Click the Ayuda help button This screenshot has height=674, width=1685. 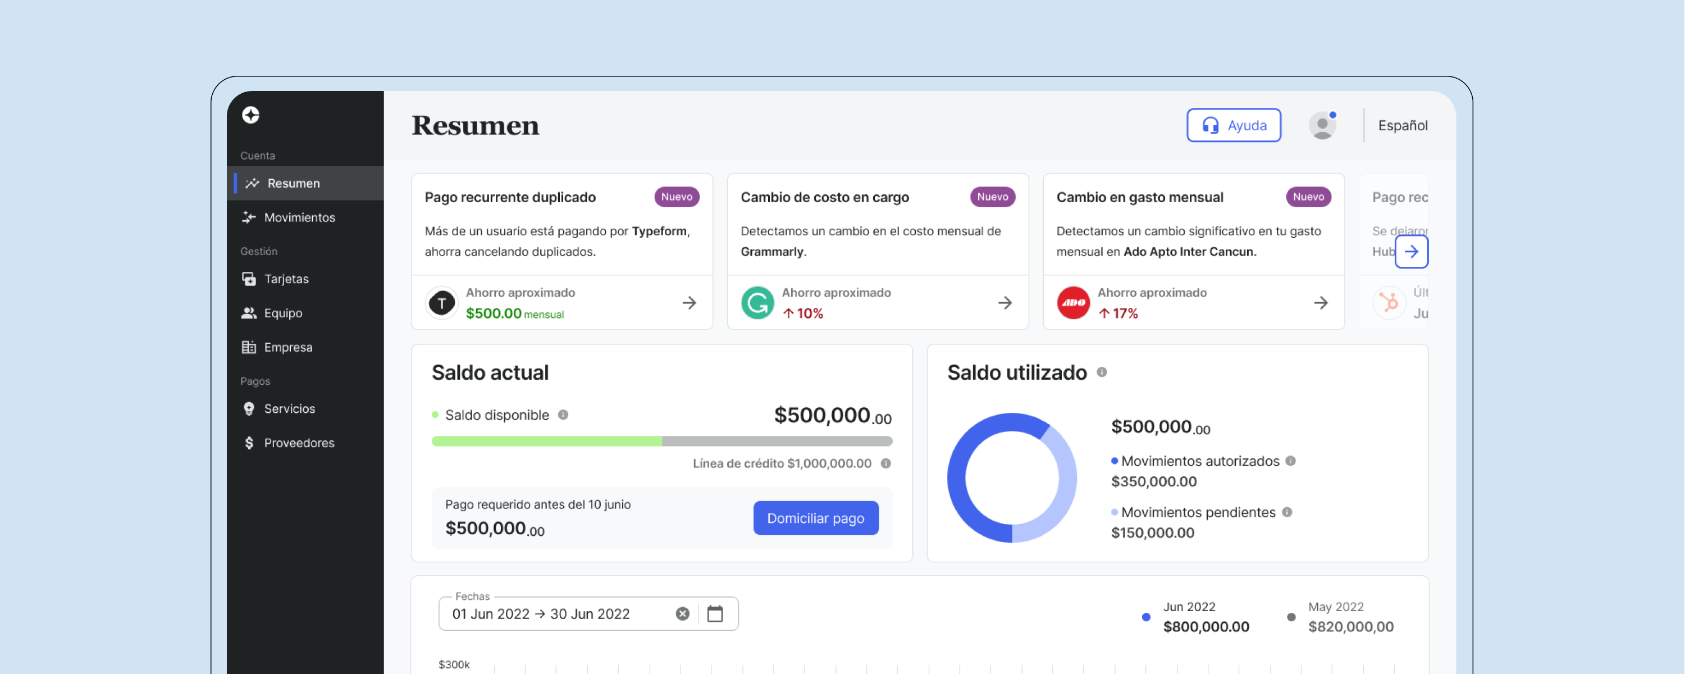pyautogui.click(x=1234, y=125)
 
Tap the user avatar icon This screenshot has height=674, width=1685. pyautogui.click(x=1322, y=125)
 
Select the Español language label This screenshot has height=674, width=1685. pyautogui.click(x=1403, y=125)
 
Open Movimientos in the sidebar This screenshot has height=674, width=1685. pyautogui.click(x=299, y=217)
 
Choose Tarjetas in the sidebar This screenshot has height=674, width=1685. pyautogui.click(x=286, y=279)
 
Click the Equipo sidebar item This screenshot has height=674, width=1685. pyautogui.click(x=282, y=313)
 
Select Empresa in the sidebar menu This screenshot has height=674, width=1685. pyautogui.click(x=288, y=347)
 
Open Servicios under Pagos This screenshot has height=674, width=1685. pyautogui.click(x=289, y=408)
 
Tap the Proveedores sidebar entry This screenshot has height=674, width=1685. pyautogui.click(x=298, y=443)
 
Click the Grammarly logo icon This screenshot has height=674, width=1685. pyautogui.click(x=757, y=303)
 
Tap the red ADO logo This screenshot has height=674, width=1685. pyautogui.click(x=1073, y=303)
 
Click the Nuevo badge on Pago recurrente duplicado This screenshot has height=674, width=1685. pyautogui.click(x=677, y=197)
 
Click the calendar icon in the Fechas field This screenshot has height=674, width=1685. pyautogui.click(x=715, y=614)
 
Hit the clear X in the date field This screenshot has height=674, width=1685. pyautogui.click(x=682, y=614)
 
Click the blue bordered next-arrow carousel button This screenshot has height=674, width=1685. pyautogui.click(x=1411, y=251)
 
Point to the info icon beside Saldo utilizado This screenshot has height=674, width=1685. pyautogui.click(x=1102, y=372)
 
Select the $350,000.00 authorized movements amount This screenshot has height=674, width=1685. pyautogui.click(x=1153, y=481)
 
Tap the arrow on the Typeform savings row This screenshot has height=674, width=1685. pyautogui.click(x=689, y=303)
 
